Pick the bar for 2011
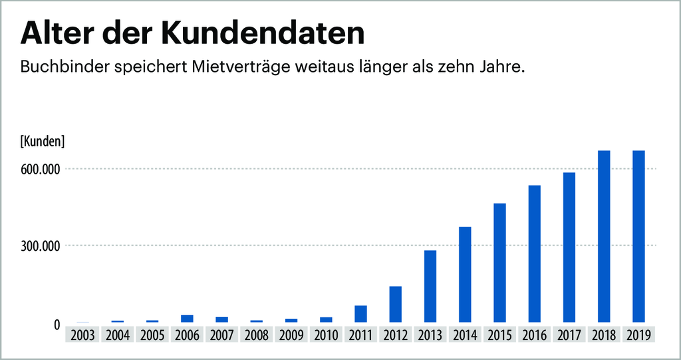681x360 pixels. click(360, 314)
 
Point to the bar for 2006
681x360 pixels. click(187, 319)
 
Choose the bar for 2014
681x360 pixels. click(465, 274)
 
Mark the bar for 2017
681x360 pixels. click(569, 248)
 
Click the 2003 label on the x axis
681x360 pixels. click(82, 335)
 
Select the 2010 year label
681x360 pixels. click(326, 335)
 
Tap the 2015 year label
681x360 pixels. click(499, 335)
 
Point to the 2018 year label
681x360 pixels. click(604, 335)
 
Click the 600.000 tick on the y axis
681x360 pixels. click(41, 169)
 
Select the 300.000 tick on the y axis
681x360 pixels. click(41, 246)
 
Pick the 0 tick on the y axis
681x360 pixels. click(57, 325)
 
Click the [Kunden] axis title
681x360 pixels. click(43, 141)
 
